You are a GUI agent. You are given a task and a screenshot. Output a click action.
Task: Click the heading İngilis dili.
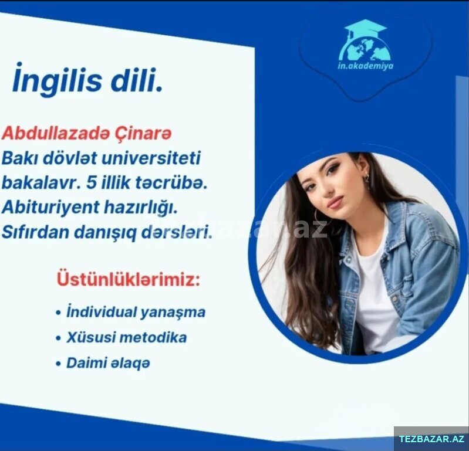[x=87, y=79]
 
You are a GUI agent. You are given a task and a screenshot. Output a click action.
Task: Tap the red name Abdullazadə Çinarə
[x=87, y=133]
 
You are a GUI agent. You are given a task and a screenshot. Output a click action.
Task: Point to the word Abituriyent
[x=50, y=208]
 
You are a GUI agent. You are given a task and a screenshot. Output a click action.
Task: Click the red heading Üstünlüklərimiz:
[x=128, y=279]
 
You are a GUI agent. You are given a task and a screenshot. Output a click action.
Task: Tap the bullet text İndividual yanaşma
[x=136, y=312]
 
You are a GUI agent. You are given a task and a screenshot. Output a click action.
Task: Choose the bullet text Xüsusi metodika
[x=127, y=337]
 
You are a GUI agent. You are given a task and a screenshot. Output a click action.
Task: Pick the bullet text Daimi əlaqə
[x=108, y=363]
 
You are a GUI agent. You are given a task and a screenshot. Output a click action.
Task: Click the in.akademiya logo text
[x=365, y=66]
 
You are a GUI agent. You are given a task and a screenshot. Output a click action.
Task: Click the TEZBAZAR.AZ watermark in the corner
[x=432, y=439]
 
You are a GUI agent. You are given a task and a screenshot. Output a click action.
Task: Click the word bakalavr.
[x=42, y=182]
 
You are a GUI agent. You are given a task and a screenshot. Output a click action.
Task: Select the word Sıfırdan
[x=36, y=232]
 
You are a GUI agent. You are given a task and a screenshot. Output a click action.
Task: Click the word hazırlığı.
[x=141, y=208]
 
